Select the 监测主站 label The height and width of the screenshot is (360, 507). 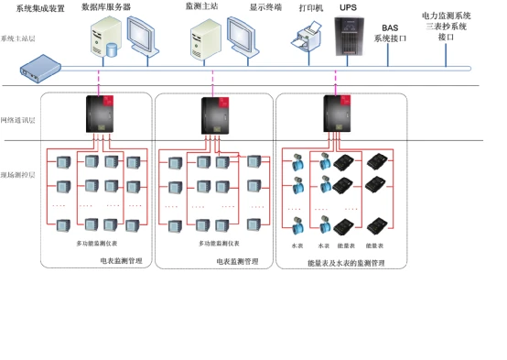coord(201,7)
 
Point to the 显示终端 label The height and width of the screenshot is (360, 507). coord(265,7)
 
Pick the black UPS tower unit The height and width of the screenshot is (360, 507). coord(349,37)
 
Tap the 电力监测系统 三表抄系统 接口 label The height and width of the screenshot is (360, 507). coord(447,27)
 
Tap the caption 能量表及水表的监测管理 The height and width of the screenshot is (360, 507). coord(346,262)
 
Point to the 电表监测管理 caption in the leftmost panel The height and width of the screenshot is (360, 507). coord(121,261)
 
